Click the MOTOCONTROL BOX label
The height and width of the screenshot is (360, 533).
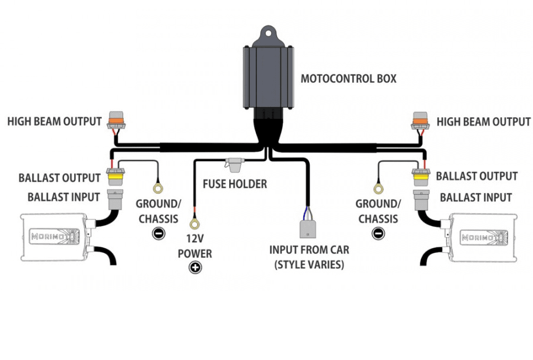pos(348,78)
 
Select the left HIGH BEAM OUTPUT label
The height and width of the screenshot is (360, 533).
pos(54,121)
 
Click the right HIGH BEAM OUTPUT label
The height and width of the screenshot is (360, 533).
pos(483,121)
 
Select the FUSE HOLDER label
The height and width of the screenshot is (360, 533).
pos(235,184)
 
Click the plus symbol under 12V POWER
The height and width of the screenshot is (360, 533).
pos(194,268)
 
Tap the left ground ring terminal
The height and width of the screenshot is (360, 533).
pos(158,188)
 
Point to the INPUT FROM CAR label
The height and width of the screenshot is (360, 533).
pos(309,256)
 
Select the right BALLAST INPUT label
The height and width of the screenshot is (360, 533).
pos(476,197)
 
